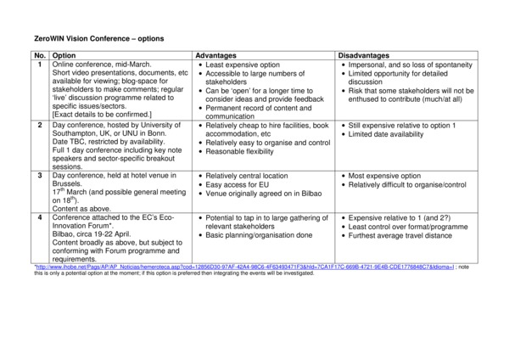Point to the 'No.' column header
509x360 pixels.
pos(40,55)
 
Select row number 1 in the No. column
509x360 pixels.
pos(40,65)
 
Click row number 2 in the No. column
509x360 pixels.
pos(40,125)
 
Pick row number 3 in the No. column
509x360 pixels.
pos(40,175)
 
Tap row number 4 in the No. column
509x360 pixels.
pos(40,217)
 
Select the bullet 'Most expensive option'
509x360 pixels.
pos(386,175)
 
